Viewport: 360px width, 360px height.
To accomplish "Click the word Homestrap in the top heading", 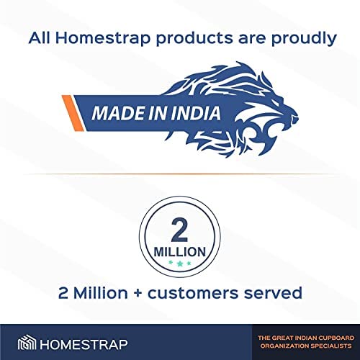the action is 103,39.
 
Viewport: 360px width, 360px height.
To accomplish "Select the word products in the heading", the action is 194,39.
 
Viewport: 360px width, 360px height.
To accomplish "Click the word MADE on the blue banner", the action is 117,113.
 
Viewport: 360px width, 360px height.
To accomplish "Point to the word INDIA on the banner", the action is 196,113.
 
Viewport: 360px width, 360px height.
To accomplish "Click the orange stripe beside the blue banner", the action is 73,113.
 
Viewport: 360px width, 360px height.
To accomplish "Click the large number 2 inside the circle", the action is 179,230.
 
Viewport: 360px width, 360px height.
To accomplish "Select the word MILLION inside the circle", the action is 180,252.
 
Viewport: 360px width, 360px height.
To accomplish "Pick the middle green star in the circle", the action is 180,264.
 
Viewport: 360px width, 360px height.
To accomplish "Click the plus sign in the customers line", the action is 138,293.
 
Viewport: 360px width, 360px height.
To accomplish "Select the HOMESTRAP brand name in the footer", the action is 84,344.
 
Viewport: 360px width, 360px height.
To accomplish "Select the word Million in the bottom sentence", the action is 100,293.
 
